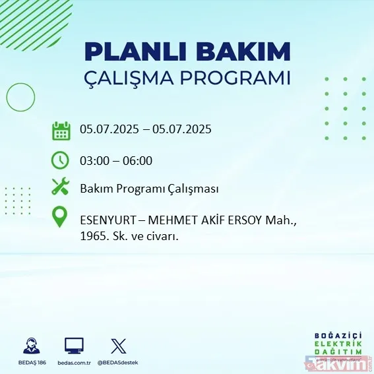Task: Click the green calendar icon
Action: coord(61,130)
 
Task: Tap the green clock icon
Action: coord(61,160)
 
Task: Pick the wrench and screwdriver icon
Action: coord(61,187)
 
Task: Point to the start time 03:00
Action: coord(94,160)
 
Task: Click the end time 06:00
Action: coord(139,160)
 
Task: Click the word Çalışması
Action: coord(193,189)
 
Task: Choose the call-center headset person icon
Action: coord(29,345)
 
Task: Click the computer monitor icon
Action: coord(74,345)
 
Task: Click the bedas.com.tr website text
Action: coord(74,362)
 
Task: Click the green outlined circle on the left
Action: coord(20,98)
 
